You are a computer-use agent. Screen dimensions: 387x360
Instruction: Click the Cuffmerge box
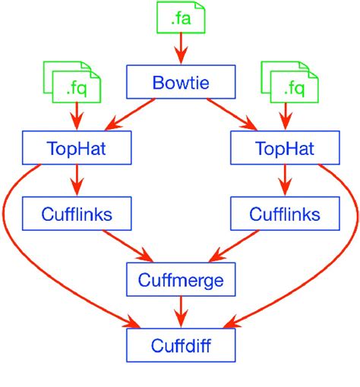(180, 280)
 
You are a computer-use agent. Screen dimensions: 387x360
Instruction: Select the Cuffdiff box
(180, 346)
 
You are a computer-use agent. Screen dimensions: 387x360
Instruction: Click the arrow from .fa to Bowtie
(180, 50)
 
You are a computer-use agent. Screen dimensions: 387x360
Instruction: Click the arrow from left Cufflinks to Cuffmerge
(125, 245)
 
